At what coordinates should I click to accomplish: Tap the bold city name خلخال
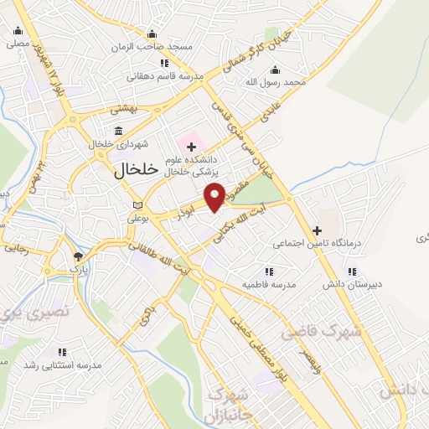coord(134,169)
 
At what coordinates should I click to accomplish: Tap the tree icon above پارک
coord(78,256)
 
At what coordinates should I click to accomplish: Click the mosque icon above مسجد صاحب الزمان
coord(151,34)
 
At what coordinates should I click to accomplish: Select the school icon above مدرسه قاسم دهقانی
coord(164,63)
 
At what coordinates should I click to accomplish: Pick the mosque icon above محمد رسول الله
coord(275,70)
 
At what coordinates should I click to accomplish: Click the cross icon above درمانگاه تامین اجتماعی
coord(317,230)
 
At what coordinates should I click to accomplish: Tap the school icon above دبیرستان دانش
coord(351,271)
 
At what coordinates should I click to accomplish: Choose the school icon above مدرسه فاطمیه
coord(268,271)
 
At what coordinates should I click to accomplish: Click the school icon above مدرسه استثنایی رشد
coord(61,352)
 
